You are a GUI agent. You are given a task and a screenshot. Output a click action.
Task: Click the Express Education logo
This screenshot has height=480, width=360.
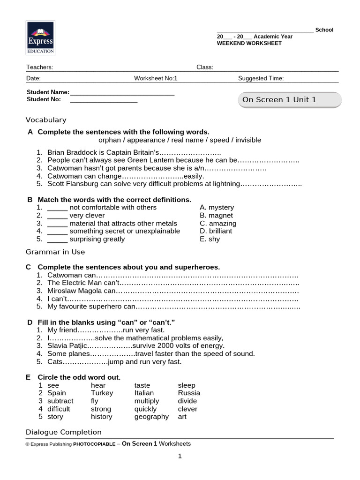tap(40, 37)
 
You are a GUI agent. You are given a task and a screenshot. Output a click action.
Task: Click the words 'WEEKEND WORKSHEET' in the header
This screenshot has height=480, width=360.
tap(249, 43)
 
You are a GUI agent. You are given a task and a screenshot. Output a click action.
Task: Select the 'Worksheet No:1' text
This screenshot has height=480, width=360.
tap(156, 78)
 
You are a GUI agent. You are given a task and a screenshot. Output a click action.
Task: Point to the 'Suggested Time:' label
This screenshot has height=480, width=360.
tap(261, 78)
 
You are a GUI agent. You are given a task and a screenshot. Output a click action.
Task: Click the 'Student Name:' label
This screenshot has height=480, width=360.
tap(48, 92)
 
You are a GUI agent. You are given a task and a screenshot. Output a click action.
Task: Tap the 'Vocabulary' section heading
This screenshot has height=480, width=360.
tap(46, 120)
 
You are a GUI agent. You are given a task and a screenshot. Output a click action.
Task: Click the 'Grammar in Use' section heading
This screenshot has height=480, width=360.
tap(55, 252)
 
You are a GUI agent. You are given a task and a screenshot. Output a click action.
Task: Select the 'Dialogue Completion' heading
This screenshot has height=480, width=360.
tap(63, 432)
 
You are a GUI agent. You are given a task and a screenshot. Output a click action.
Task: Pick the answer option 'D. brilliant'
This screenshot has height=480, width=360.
tap(216, 231)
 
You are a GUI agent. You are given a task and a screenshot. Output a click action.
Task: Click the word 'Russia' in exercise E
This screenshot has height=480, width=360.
tap(189, 393)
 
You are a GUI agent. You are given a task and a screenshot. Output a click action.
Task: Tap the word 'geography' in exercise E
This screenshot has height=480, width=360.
tap(151, 417)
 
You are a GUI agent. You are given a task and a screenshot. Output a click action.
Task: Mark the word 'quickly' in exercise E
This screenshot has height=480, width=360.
tap(146, 409)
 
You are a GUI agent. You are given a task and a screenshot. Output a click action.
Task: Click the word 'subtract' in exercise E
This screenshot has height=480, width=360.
tap(60, 401)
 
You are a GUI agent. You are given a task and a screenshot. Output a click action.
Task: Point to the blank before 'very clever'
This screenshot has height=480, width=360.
tap(57, 216)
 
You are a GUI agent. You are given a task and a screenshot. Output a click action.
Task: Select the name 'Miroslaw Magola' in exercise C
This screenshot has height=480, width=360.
tap(75, 291)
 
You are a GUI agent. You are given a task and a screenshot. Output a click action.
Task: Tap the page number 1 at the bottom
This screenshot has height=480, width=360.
tap(180, 457)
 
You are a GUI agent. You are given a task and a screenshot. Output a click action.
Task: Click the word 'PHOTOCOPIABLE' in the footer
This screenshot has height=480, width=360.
tap(94, 444)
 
